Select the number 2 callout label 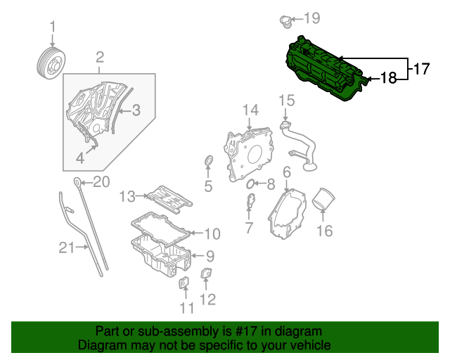coord(100,57)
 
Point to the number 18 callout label coord(389,78)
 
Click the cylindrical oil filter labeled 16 coord(325,200)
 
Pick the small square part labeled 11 coord(184,283)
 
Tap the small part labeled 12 coord(206,274)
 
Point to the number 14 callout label coord(251,110)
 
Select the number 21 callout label coord(66,247)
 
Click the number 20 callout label coord(101,183)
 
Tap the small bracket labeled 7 coord(250,203)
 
